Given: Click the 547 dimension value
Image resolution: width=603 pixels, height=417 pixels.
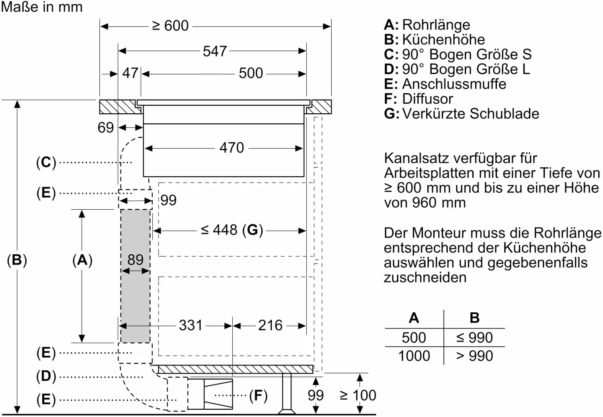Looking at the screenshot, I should point(215,51).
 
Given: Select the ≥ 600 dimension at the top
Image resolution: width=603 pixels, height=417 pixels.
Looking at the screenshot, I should point(170,26).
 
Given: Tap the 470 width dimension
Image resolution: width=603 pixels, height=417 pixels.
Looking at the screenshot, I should point(232,148).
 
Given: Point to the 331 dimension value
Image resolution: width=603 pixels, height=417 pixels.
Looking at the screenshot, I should point(191,325).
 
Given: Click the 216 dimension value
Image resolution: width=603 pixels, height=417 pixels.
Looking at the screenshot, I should point(270,325).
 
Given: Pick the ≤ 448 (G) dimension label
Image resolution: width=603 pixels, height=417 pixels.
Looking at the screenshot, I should point(232,230).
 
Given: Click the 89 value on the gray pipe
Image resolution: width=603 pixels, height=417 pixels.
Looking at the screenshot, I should point(135,260).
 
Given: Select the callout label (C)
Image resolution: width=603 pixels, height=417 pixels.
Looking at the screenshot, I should point(46,163).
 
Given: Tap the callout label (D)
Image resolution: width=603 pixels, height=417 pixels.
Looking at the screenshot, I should point(46,376).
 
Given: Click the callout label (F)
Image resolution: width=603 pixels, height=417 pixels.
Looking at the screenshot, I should point(258,396).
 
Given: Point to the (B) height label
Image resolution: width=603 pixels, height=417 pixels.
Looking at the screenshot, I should point(17,260).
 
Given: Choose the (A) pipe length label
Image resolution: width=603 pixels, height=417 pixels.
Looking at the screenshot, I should point(82,260).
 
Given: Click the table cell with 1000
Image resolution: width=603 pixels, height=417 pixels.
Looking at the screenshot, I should point(414,356).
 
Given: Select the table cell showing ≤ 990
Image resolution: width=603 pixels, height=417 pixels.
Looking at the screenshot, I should point(474,338).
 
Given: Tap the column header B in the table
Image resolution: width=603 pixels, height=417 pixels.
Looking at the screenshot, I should point(474,318).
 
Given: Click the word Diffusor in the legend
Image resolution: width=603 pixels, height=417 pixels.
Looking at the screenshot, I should point(427,99).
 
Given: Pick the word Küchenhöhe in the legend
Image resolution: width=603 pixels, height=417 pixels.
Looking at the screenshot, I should point(443,39).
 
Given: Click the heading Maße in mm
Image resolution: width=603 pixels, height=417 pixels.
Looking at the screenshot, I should point(42,7).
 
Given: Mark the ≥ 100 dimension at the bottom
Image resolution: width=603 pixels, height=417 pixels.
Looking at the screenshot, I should point(358,396).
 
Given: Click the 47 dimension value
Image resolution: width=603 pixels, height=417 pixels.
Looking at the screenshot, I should point(130,73).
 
